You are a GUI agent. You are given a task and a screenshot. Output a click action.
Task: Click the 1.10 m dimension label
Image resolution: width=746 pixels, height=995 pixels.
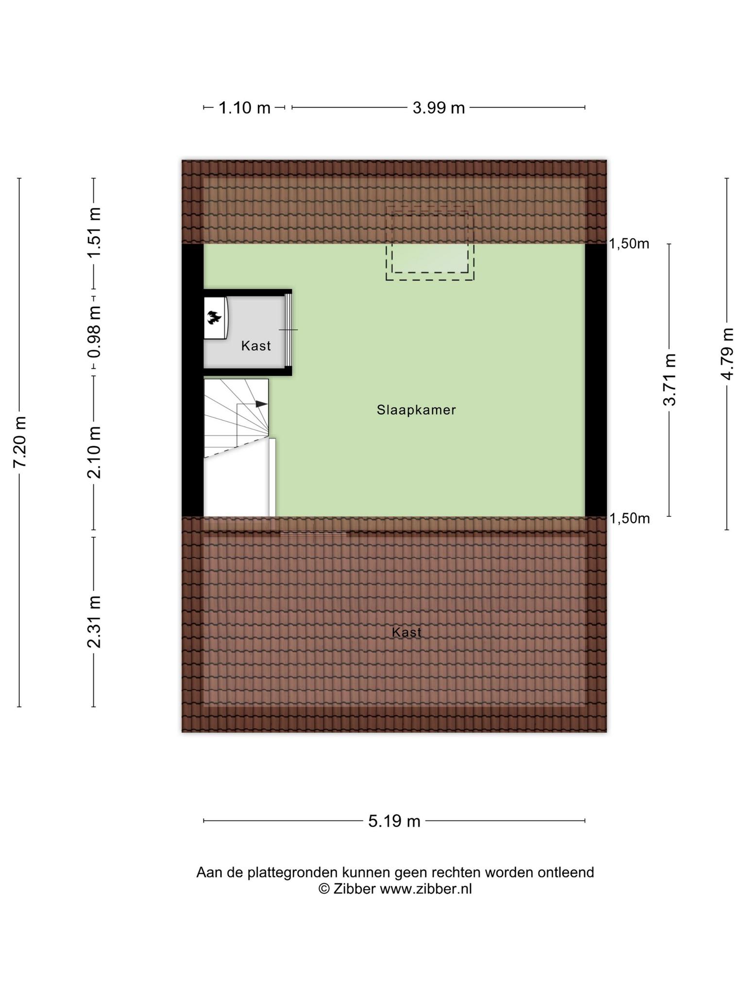coord(244,107)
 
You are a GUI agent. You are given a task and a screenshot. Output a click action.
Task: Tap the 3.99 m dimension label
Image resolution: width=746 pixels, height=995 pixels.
coord(439,107)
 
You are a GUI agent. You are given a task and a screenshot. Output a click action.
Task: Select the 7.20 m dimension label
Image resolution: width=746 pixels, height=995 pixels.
coord(20,442)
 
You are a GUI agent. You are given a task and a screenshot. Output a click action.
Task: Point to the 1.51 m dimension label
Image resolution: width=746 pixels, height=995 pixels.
coord(94,233)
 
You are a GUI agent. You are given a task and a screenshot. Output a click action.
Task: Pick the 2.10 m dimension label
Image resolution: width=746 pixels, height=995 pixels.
coord(94,452)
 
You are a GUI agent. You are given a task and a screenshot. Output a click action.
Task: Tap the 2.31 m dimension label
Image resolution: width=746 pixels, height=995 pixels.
coord(94,622)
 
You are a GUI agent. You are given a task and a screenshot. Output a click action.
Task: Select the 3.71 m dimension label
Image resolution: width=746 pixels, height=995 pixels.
coord(670,380)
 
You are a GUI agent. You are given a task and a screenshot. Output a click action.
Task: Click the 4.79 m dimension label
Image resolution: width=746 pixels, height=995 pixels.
coord(727,354)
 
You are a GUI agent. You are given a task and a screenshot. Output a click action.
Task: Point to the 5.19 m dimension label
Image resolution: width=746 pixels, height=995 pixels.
coord(394,821)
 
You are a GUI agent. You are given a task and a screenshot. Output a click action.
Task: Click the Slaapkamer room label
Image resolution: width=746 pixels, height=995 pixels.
coord(416,410)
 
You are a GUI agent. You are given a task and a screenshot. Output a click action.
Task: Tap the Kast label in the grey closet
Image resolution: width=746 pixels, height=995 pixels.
coord(256,346)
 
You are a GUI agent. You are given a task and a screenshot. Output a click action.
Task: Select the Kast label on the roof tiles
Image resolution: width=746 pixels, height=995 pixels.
coord(407,632)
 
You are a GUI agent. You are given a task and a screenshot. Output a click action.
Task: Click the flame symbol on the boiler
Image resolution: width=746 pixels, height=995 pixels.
coord(214,318)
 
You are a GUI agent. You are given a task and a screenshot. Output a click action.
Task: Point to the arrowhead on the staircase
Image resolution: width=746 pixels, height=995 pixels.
coord(262,404)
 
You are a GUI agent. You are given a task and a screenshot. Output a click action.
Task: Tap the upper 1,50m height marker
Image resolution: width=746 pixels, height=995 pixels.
coord(629,244)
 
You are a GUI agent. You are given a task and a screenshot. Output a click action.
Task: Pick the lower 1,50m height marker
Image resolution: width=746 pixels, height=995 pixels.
coord(629,519)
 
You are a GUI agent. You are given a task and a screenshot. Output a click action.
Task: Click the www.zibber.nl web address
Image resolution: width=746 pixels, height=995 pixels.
coord(425,889)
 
